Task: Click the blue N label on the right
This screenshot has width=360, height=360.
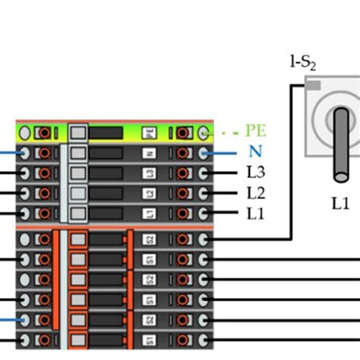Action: tap(254, 152)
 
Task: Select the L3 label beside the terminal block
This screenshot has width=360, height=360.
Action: tap(256, 172)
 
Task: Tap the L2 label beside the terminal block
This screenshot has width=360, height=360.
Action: tap(256, 193)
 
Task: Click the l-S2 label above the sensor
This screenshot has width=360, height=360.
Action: tap(304, 64)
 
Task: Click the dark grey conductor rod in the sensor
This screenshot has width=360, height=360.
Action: tap(341, 144)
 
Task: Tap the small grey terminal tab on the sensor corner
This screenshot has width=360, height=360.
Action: tap(312, 86)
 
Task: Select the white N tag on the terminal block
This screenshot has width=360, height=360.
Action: tap(150, 153)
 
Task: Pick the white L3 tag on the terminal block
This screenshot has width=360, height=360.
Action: tap(150, 173)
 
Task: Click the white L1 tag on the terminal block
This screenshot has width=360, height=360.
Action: tap(150, 213)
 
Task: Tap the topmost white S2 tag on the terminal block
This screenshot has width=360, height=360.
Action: tap(150, 240)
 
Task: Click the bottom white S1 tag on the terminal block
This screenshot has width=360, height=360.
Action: tap(150, 338)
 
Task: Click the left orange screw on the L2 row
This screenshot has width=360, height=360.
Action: tap(45, 193)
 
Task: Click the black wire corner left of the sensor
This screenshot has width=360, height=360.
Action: tap(292, 85)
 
